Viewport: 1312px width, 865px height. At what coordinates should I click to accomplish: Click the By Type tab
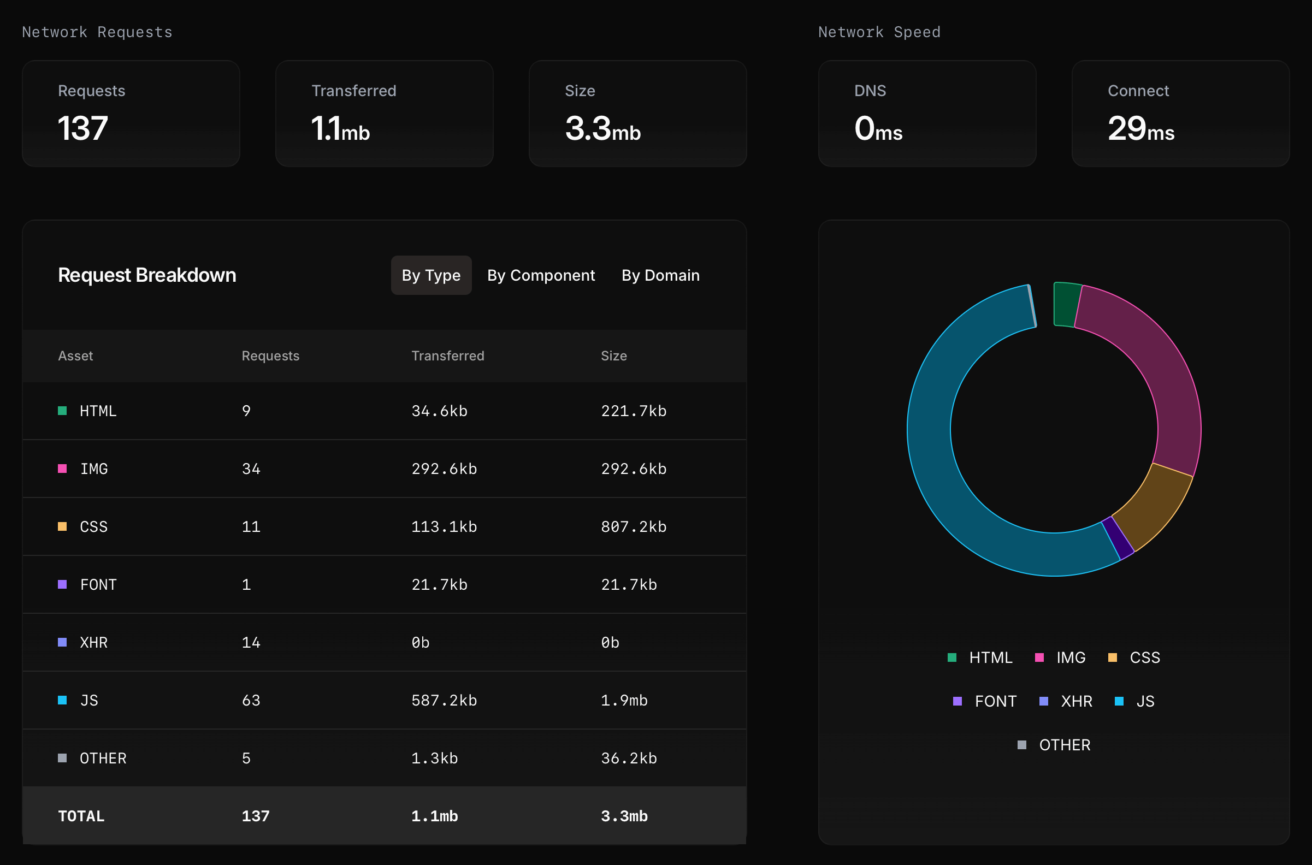pyautogui.click(x=431, y=275)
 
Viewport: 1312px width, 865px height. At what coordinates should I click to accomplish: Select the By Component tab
pyautogui.click(x=541, y=275)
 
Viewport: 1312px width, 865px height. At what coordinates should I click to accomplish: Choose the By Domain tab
pyautogui.click(x=660, y=275)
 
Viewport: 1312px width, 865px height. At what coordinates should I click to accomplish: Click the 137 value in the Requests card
pyautogui.click(x=83, y=128)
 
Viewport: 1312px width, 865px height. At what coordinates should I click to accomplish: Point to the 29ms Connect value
pyautogui.click(x=1140, y=128)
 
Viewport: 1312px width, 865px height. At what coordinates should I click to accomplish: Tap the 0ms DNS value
pyautogui.click(x=878, y=128)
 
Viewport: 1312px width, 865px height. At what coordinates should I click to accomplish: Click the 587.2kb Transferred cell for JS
pyautogui.click(x=444, y=700)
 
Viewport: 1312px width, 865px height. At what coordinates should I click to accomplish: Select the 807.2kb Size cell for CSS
pyautogui.click(x=634, y=526)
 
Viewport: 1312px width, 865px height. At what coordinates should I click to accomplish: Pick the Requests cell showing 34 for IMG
pyautogui.click(x=251, y=469)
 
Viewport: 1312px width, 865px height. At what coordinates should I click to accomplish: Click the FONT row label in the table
pyautogui.click(x=98, y=584)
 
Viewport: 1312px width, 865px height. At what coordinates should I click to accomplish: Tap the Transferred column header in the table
pyautogui.click(x=447, y=356)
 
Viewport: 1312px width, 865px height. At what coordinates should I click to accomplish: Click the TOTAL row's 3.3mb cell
pyautogui.click(x=624, y=816)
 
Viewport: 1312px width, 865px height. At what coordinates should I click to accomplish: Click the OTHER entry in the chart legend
pyautogui.click(x=1063, y=745)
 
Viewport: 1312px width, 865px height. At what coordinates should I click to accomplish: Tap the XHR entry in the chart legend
pyautogui.click(x=1075, y=701)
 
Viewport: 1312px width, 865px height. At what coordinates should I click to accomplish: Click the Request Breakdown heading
pyautogui.click(x=147, y=275)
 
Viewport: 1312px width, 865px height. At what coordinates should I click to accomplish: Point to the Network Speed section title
pyautogui.click(x=879, y=32)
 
